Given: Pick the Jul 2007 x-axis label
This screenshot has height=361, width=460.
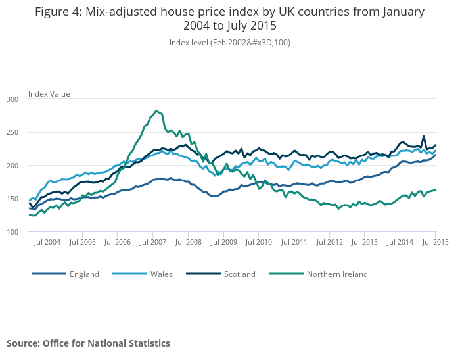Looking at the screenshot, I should tap(152, 242).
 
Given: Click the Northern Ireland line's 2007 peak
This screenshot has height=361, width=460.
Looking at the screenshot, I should tap(156, 110).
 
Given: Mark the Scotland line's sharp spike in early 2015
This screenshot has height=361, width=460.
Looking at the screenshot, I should tap(424, 137).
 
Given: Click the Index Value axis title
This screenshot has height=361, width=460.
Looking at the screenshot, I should tap(49, 94).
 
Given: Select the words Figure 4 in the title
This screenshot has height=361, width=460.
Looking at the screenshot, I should tap(58, 12).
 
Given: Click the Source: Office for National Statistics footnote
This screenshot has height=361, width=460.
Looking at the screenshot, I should tap(88, 343).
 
